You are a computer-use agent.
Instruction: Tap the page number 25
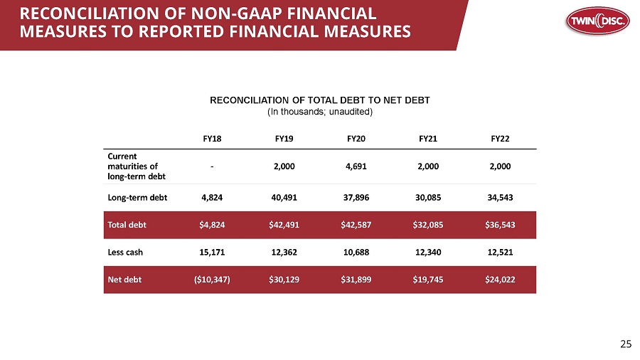(x=626, y=344)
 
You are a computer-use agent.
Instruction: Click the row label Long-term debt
(x=137, y=197)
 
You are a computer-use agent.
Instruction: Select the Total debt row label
(x=127, y=225)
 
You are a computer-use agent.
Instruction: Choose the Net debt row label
(x=124, y=280)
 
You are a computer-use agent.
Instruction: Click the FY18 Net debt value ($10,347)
(x=212, y=280)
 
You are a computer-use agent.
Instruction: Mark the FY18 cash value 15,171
(x=212, y=252)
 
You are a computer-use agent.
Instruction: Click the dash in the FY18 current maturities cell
(x=212, y=165)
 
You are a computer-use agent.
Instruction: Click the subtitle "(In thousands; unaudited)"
(x=320, y=112)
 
